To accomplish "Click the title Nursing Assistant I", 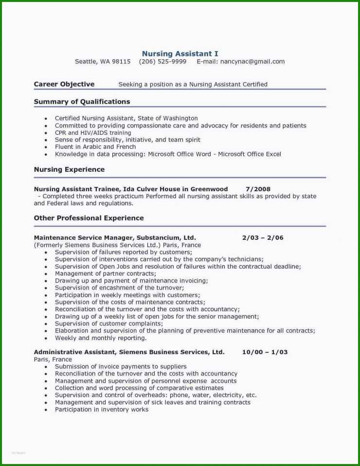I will click(180, 54).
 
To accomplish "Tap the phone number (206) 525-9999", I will click(162, 62).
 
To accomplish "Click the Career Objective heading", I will click(64, 84).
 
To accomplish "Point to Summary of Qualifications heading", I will click(82, 102).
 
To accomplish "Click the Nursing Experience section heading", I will click(69, 170).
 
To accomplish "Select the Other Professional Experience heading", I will click(89, 218).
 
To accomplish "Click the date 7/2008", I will click(258, 189).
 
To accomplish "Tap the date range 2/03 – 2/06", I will click(263, 238).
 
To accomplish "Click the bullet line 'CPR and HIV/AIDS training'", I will click(93, 133).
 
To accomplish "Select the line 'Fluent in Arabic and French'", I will click(95, 147).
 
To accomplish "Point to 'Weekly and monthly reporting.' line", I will click(100, 338).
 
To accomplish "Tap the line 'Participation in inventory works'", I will click(102, 410).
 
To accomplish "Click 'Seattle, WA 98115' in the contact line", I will click(103, 62).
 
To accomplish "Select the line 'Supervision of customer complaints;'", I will click(108, 323).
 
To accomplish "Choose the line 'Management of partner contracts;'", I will click(105, 274).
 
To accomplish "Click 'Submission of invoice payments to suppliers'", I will click(121, 367).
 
